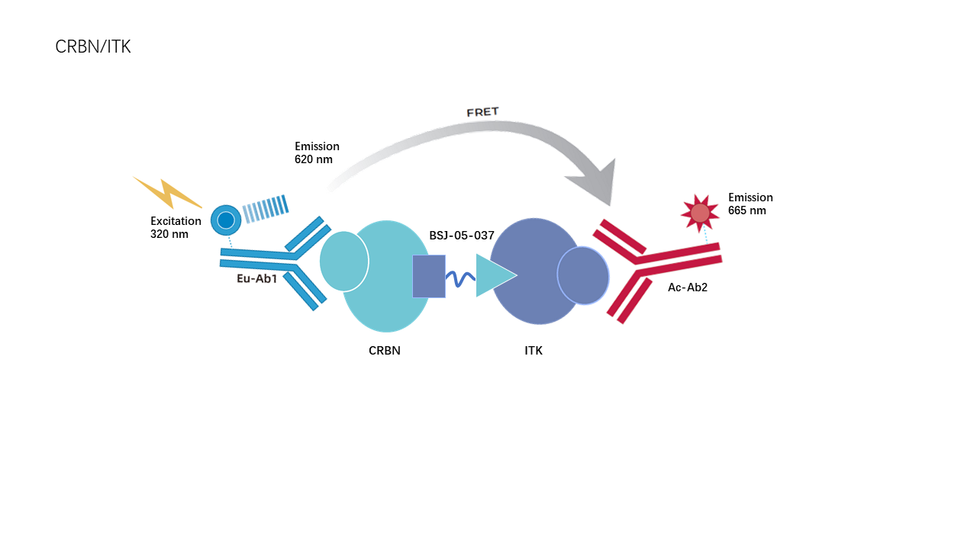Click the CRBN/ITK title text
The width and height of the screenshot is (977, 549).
pyautogui.click(x=93, y=47)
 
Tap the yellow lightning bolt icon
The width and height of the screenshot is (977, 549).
pyautogui.click(x=167, y=194)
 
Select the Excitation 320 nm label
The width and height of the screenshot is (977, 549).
pyautogui.click(x=176, y=227)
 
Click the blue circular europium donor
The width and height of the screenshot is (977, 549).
pyautogui.click(x=226, y=220)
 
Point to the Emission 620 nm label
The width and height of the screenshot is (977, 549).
pyautogui.click(x=317, y=152)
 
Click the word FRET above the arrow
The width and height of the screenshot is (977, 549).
pyautogui.click(x=482, y=112)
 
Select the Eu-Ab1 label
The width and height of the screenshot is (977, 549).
pyautogui.click(x=257, y=279)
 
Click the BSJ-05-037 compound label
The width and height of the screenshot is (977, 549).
pyautogui.click(x=462, y=236)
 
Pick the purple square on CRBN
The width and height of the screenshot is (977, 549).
pyautogui.click(x=429, y=276)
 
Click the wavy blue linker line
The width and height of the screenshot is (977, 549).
pyautogui.click(x=460, y=279)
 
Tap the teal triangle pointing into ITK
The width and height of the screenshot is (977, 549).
pyautogui.click(x=496, y=275)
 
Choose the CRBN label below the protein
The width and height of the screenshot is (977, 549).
pyautogui.click(x=384, y=351)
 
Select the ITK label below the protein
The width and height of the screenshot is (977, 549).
pyautogui.click(x=534, y=351)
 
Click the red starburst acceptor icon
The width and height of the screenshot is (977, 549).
pyautogui.click(x=700, y=213)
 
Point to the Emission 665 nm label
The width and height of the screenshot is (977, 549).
pyautogui.click(x=750, y=204)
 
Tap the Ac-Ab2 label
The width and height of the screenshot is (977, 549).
pyautogui.click(x=688, y=287)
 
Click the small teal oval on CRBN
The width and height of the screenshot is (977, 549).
pyautogui.click(x=344, y=261)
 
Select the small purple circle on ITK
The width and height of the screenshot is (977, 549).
pyautogui.click(x=583, y=275)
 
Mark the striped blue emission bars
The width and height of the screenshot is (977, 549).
pyautogui.click(x=265, y=209)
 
